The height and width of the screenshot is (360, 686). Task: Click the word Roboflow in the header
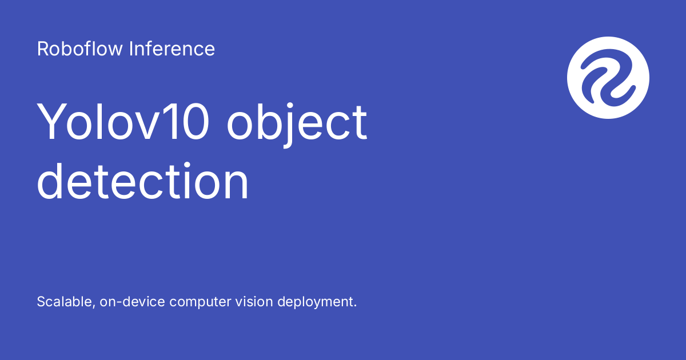79,49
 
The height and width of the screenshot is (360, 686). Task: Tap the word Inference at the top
172,49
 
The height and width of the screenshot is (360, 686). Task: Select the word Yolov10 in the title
123,122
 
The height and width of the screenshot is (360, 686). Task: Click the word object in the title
297,124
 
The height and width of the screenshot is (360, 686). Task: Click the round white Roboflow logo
608,78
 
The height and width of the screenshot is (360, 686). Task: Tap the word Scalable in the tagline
65,302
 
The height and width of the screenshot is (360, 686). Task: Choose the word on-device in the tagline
132,302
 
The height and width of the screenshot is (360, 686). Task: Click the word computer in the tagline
200,302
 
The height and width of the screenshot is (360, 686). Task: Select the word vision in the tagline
254,302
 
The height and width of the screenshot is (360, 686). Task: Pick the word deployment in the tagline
315,302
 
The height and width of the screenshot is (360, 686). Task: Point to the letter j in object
289,126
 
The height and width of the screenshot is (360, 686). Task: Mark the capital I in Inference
131,49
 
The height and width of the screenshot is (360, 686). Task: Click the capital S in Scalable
42,302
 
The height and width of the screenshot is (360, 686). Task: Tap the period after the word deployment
355,306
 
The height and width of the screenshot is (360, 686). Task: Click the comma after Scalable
93,306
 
